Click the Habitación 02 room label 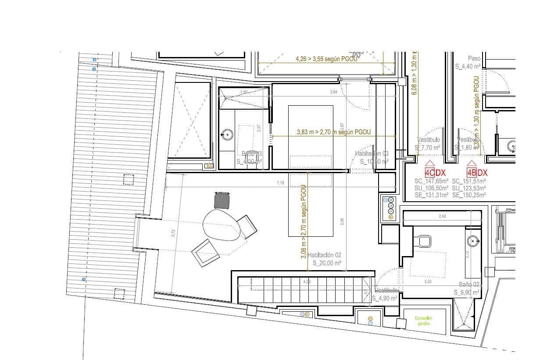click(324, 255)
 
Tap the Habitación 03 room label click(372, 153)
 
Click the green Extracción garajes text click(424, 321)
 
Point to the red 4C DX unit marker click(435, 173)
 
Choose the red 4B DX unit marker click(477, 173)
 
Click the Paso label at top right click(474, 58)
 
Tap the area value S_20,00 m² click(327, 264)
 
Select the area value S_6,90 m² click(467, 292)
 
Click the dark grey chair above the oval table click(222, 200)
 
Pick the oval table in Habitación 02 click(222, 224)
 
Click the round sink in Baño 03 click(227, 134)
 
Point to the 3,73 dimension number click(172, 234)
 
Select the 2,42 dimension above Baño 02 click(442, 217)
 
